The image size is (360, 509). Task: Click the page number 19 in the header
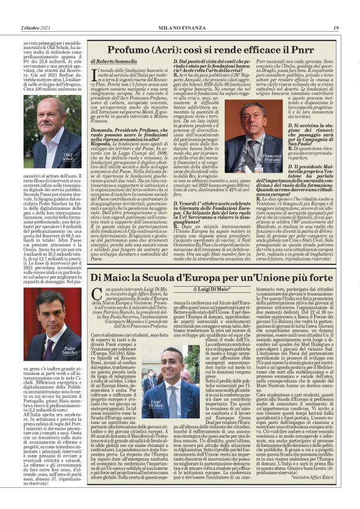335,27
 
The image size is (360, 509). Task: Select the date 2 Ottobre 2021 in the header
22,27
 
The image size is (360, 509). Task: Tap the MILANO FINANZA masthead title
179,27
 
